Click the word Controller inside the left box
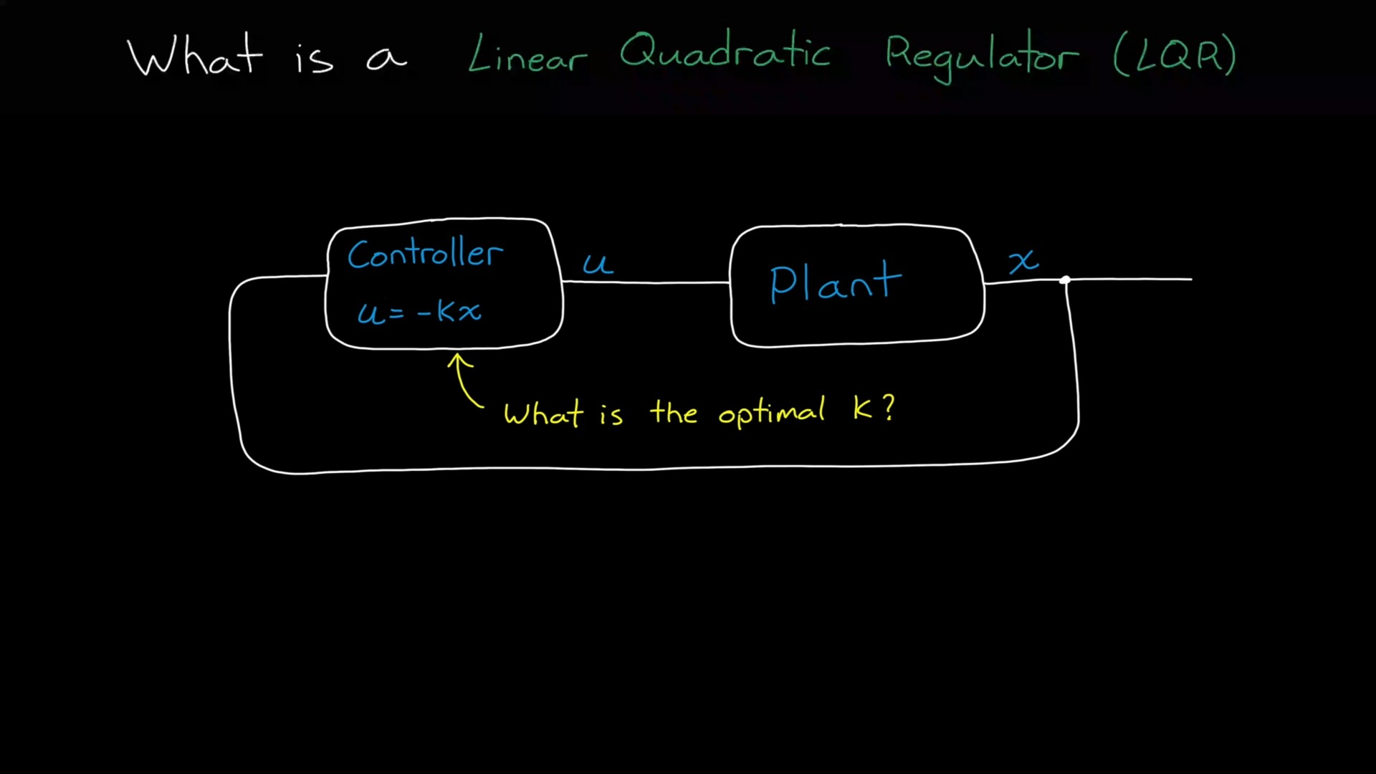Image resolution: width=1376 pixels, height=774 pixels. [x=425, y=254]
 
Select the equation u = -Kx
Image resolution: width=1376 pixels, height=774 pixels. [x=419, y=312]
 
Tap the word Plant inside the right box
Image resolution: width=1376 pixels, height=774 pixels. [x=835, y=282]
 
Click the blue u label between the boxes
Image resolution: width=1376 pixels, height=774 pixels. [x=597, y=264]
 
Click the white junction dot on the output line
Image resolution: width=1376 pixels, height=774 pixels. [x=1066, y=280]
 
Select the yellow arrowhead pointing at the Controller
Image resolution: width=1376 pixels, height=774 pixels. [x=459, y=360]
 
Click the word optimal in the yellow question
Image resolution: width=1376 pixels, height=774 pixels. [x=771, y=413]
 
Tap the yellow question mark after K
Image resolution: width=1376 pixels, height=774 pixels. [x=889, y=408]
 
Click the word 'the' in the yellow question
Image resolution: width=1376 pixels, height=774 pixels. [x=674, y=413]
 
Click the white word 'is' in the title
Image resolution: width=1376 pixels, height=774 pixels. [x=314, y=57]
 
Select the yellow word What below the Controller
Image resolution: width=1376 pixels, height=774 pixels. [x=543, y=414]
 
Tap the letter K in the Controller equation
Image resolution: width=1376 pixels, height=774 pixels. [x=446, y=311]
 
